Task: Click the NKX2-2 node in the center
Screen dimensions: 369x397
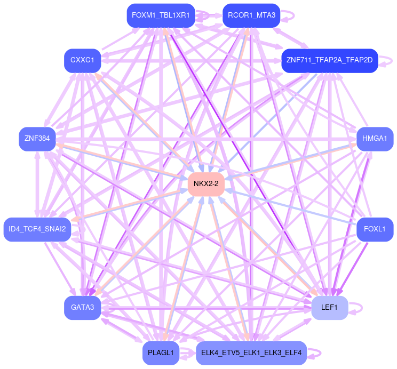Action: coord(206,184)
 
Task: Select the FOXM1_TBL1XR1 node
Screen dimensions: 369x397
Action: coord(161,15)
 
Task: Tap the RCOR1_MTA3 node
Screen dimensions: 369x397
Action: coord(251,15)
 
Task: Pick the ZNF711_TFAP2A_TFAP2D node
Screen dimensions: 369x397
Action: coord(329,60)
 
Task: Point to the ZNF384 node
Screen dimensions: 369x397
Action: coord(37,139)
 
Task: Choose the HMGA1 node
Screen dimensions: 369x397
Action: coord(375,139)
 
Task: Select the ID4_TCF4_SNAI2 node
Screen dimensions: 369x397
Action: coord(37,229)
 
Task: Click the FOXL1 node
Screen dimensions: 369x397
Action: coord(375,229)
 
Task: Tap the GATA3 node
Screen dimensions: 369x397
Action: coord(82,308)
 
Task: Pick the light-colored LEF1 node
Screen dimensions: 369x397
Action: coord(329,308)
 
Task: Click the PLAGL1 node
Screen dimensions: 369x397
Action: coord(161,353)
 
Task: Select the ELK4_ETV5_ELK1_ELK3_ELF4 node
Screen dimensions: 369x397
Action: coord(251,353)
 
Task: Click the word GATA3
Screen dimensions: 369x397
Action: coord(82,308)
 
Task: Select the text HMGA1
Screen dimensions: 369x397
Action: coord(375,139)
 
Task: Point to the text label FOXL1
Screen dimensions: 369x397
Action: coord(375,229)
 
